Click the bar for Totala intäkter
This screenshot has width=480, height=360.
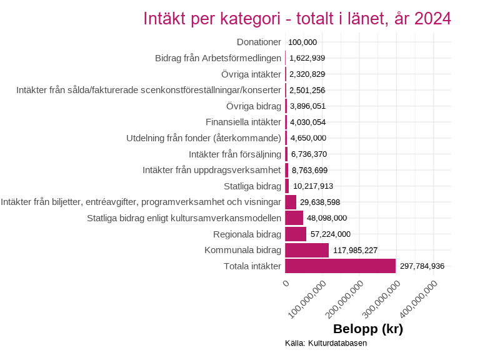click(340, 266)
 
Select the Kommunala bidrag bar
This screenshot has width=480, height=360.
click(306, 250)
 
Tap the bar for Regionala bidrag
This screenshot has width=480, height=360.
click(295, 234)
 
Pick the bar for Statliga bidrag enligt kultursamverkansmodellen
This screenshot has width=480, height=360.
click(294, 218)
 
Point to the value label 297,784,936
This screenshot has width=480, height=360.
click(422, 266)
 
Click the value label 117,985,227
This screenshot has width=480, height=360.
click(355, 250)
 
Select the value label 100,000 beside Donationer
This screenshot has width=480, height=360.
click(303, 42)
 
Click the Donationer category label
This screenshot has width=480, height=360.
click(259, 42)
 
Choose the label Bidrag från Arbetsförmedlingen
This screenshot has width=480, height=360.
click(218, 58)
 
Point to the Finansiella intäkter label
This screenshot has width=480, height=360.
click(243, 122)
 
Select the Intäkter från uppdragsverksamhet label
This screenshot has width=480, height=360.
click(212, 170)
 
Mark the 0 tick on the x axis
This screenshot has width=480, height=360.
click(286, 284)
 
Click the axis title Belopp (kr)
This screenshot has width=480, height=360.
click(367, 329)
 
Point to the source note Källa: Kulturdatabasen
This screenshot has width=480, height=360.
click(326, 343)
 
